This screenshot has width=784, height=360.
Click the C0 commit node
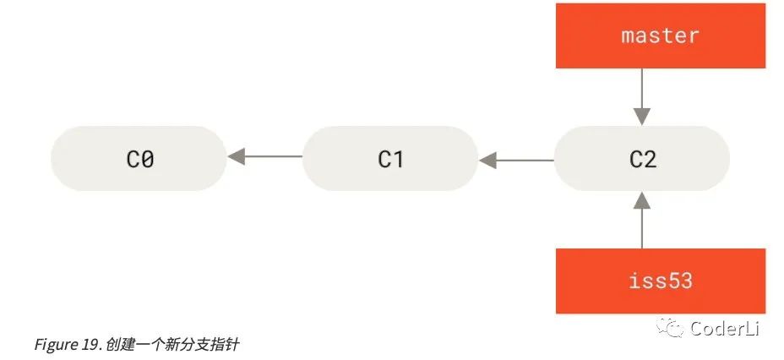(x=139, y=159)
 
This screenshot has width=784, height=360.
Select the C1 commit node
(x=390, y=159)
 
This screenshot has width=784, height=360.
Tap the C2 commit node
(x=642, y=159)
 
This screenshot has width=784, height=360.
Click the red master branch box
(x=661, y=35)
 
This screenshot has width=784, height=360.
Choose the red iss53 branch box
(x=661, y=281)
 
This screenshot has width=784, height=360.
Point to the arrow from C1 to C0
(x=265, y=156)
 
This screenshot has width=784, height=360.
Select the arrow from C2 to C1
(x=516, y=161)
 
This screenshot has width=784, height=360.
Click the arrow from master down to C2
(x=642, y=97)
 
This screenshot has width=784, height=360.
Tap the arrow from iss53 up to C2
(x=642, y=220)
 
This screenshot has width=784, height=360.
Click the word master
(x=660, y=35)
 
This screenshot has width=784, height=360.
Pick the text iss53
(x=661, y=281)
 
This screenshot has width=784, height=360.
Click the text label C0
(x=140, y=160)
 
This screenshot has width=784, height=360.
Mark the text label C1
(x=390, y=160)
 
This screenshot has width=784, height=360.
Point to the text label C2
(x=643, y=160)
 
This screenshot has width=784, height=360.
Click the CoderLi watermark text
(x=725, y=329)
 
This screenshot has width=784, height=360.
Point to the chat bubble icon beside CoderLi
(x=671, y=328)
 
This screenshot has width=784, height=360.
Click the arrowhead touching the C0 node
(x=235, y=156)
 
